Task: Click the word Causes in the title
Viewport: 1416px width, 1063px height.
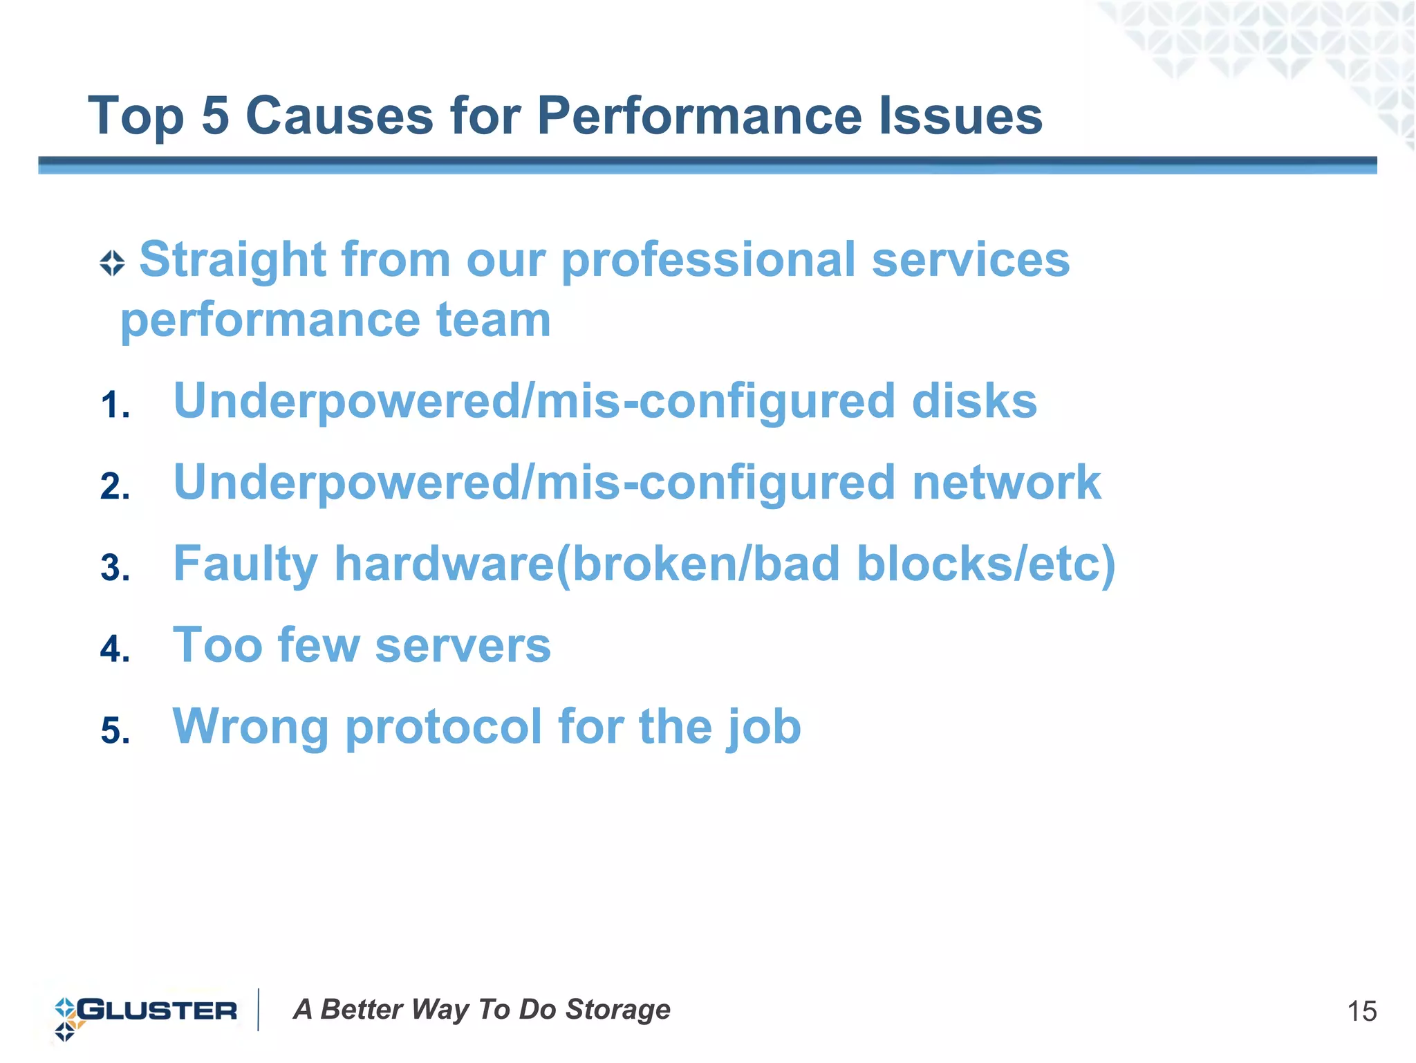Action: click(339, 115)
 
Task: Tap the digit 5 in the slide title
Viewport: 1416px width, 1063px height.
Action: click(215, 115)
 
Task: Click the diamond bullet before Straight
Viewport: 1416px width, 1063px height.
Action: click(112, 264)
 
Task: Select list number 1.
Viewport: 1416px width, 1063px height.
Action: click(114, 405)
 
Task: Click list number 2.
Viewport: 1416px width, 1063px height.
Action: click(114, 486)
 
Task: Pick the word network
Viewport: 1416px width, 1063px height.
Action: click(1006, 483)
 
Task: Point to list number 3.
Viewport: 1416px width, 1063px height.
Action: click(114, 568)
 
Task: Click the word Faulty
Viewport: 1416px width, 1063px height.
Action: click(245, 565)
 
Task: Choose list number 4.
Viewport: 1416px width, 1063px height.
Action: click(114, 649)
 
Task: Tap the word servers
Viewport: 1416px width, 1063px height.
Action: click(463, 646)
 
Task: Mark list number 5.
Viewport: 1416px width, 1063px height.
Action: click(114, 731)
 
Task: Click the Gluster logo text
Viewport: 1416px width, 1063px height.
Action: click(157, 1010)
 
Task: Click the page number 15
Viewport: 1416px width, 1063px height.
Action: click(1361, 1012)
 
